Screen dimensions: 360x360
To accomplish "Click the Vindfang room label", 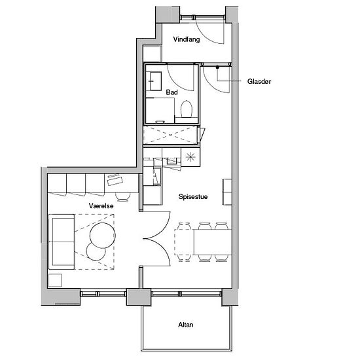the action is [x=187, y=39].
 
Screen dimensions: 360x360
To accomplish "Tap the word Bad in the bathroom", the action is [x=171, y=92].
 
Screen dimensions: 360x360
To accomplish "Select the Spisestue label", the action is [x=193, y=197].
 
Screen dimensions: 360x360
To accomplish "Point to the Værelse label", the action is [x=101, y=206].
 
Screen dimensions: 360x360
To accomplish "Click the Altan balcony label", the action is [x=186, y=325].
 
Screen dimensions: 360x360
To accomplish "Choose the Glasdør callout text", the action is [x=259, y=81].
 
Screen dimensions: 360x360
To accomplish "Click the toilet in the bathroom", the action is [x=187, y=109].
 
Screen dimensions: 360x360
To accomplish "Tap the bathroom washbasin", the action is [x=156, y=81].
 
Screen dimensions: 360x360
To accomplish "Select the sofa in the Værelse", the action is [x=62, y=242].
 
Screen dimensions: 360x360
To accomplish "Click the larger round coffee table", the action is [x=102, y=236].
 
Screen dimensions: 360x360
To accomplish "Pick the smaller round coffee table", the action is [x=96, y=251].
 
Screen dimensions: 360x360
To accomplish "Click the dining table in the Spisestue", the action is [x=213, y=242].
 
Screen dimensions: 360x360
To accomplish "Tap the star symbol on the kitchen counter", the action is [x=190, y=157].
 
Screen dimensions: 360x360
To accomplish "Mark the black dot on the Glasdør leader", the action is [x=217, y=67].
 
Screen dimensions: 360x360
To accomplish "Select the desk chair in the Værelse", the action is [x=122, y=197].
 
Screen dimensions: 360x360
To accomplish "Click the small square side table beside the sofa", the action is [x=55, y=280].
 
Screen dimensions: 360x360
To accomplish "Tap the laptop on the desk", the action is [x=115, y=179].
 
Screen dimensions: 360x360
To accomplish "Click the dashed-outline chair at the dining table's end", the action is [x=183, y=242].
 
